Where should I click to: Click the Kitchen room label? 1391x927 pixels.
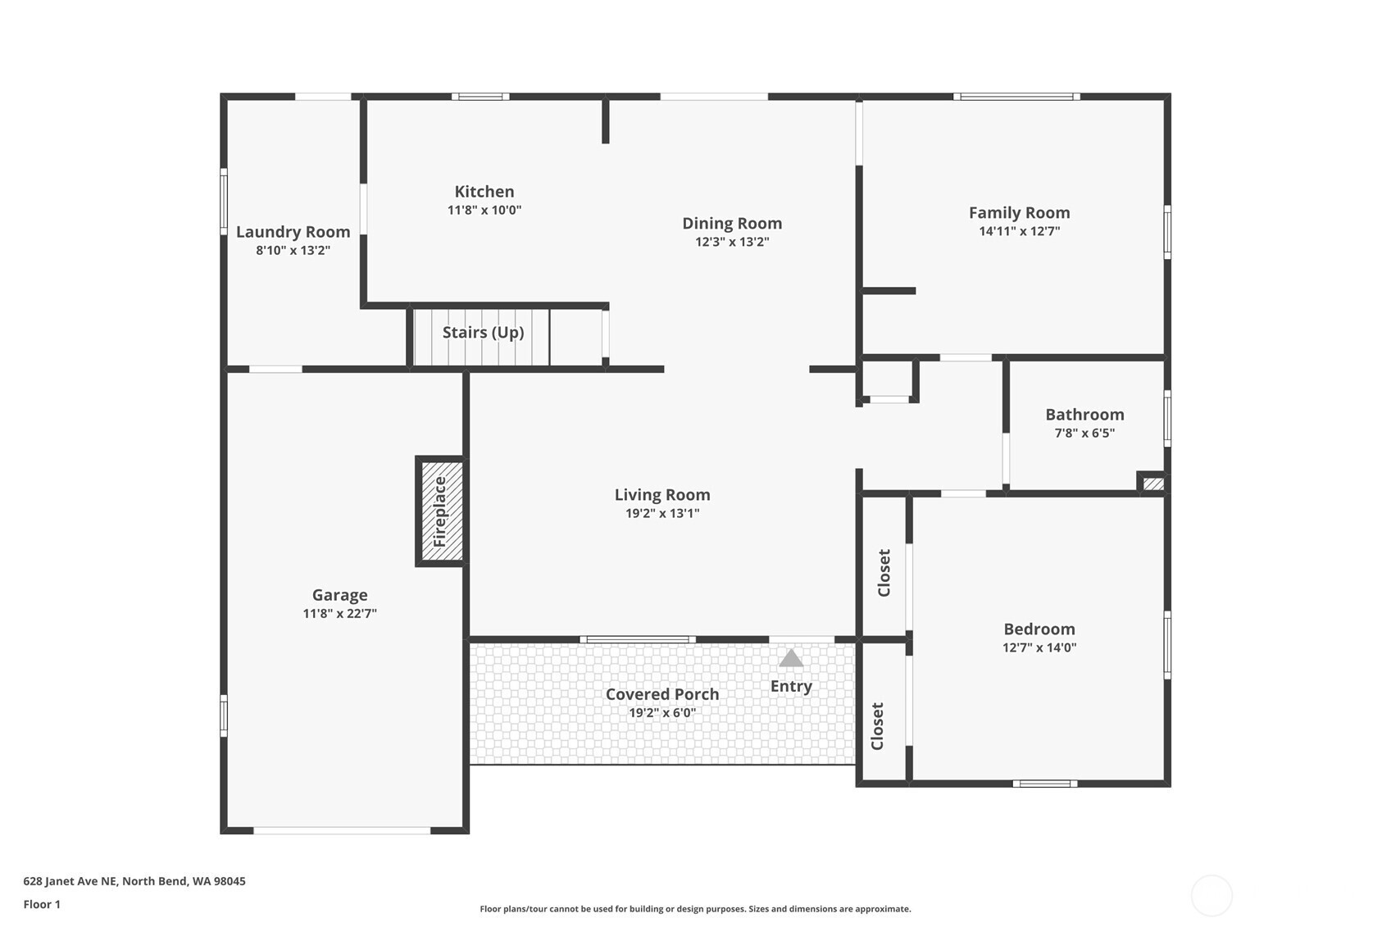click(484, 191)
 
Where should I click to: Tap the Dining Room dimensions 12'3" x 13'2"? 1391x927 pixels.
click(732, 242)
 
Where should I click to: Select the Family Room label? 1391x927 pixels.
click(1020, 213)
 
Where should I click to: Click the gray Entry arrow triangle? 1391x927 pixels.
click(790, 659)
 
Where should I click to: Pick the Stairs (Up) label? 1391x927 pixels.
click(483, 333)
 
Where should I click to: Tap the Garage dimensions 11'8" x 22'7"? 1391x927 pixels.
click(339, 613)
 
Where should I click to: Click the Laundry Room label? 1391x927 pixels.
click(293, 232)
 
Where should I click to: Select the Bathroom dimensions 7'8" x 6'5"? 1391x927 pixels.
click(1084, 433)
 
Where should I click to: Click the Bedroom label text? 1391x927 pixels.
click(1039, 629)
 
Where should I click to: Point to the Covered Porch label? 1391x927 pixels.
click(662, 694)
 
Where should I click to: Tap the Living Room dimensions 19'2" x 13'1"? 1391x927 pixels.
click(662, 513)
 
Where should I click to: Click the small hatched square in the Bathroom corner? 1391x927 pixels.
click(1153, 483)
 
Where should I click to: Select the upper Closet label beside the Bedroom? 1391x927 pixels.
click(884, 572)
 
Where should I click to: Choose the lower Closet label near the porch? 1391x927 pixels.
click(877, 726)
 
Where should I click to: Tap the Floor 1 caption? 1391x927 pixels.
click(43, 904)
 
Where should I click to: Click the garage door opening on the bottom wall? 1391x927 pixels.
click(342, 831)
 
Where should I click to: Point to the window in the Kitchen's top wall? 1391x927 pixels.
click(480, 96)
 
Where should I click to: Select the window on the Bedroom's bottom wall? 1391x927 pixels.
click(1045, 784)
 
